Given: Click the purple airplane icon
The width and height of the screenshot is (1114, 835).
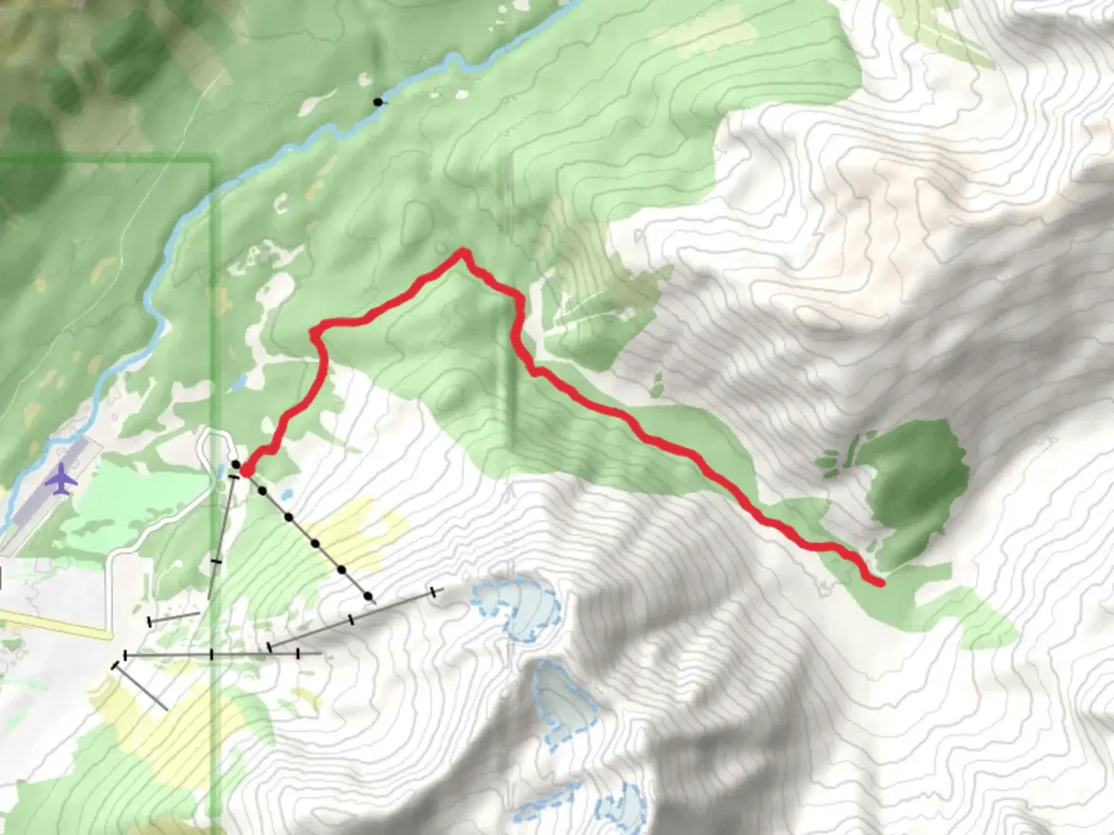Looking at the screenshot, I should pos(62,479).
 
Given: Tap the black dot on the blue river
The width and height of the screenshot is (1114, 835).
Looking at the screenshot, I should pos(378,101).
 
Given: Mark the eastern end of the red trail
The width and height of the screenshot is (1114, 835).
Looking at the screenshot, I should pos(880,583).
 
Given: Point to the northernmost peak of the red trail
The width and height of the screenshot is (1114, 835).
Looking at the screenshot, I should pos(463,251).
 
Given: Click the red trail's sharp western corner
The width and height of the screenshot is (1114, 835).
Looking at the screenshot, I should pos(314,332).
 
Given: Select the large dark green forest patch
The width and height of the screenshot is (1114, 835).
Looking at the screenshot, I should pos(917,483).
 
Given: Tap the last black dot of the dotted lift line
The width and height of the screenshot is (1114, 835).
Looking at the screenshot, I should pos(368,596).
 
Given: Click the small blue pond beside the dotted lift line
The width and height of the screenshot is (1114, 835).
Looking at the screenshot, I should pos(287,492).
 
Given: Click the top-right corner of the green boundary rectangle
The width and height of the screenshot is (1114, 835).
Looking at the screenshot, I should pos(213,160).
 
